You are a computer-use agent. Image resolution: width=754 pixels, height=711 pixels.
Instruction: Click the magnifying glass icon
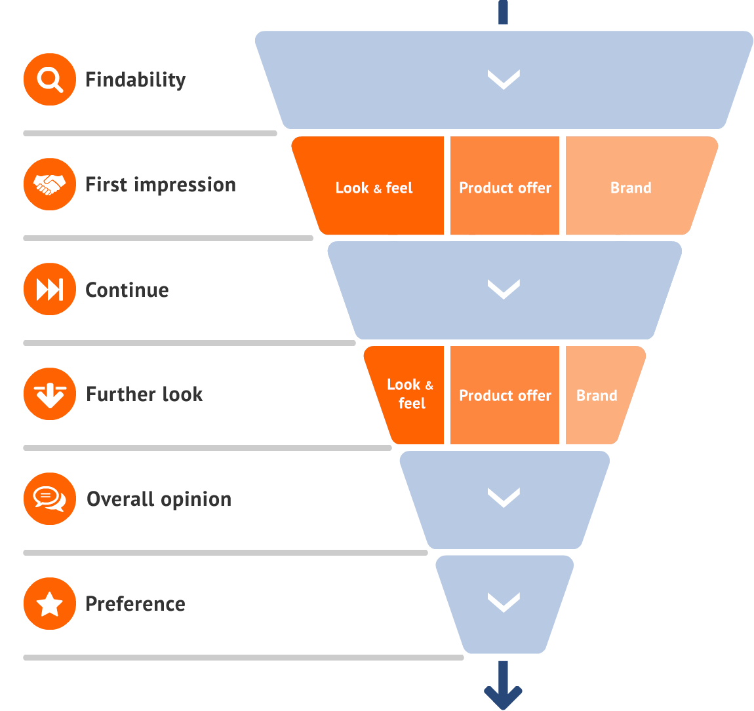tap(50, 79)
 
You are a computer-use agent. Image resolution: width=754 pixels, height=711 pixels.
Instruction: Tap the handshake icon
tap(50, 184)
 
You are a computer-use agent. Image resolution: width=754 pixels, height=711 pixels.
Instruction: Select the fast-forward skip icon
tap(50, 289)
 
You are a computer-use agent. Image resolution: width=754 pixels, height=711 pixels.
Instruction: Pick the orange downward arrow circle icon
tap(50, 394)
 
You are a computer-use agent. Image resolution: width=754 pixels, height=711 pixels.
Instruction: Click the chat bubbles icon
tap(50, 499)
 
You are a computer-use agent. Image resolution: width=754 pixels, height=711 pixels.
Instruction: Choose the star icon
tap(50, 604)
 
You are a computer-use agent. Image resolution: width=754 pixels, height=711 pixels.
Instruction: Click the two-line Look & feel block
tap(410, 394)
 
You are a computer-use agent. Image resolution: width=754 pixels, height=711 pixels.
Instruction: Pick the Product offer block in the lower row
tap(505, 395)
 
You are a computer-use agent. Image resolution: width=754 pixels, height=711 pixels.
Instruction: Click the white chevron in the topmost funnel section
tap(504, 79)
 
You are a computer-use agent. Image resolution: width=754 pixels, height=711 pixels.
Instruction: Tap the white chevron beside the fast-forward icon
tap(504, 289)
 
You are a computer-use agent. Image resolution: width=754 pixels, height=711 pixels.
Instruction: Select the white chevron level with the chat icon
tap(504, 498)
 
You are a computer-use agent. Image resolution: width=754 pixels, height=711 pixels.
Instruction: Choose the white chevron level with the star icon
tap(504, 602)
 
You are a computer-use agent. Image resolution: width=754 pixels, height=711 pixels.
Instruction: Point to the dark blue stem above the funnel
tap(503, 12)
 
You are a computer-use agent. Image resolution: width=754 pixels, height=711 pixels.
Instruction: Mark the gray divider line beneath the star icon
tap(243, 657)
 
